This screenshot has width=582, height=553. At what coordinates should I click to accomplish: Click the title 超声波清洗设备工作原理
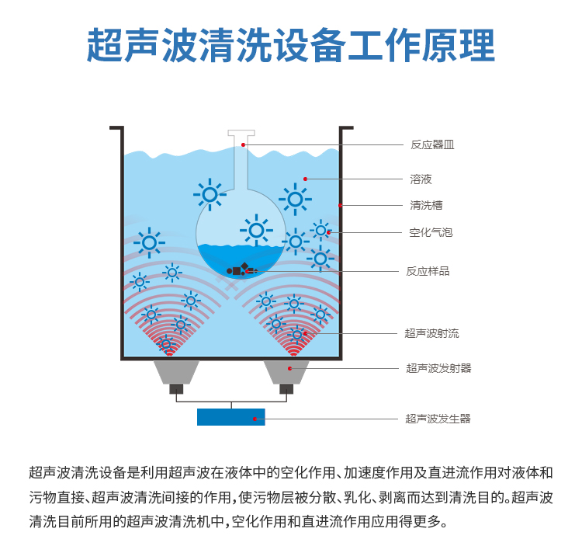point(290,45)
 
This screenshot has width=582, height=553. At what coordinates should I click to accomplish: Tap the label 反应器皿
point(432,144)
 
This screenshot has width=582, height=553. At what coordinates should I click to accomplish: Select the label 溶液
point(421,179)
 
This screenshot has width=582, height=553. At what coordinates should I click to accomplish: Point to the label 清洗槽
point(426,206)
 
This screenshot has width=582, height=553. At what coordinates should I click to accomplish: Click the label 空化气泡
point(431,232)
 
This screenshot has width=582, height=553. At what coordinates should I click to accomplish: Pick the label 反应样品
point(428,271)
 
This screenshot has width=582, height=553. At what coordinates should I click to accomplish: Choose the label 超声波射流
point(431,333)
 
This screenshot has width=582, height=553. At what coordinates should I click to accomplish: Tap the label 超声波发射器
point(438,368)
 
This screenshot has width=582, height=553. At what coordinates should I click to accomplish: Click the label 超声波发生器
point(438,419)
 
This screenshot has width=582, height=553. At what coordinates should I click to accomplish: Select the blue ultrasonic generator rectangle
point(230,416)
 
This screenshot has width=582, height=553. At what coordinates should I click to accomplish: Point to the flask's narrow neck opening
point(242,134)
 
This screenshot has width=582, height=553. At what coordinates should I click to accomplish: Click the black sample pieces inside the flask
point(240,270)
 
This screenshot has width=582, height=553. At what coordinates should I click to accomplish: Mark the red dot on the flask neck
point(243,144)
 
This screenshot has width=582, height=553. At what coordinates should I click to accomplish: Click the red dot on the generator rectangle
point(255,419)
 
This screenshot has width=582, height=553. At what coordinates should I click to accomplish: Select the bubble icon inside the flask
point(255,230)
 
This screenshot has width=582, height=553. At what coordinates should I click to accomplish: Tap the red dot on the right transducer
point(290,367)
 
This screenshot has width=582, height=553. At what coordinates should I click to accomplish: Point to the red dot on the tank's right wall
point(341,205)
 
